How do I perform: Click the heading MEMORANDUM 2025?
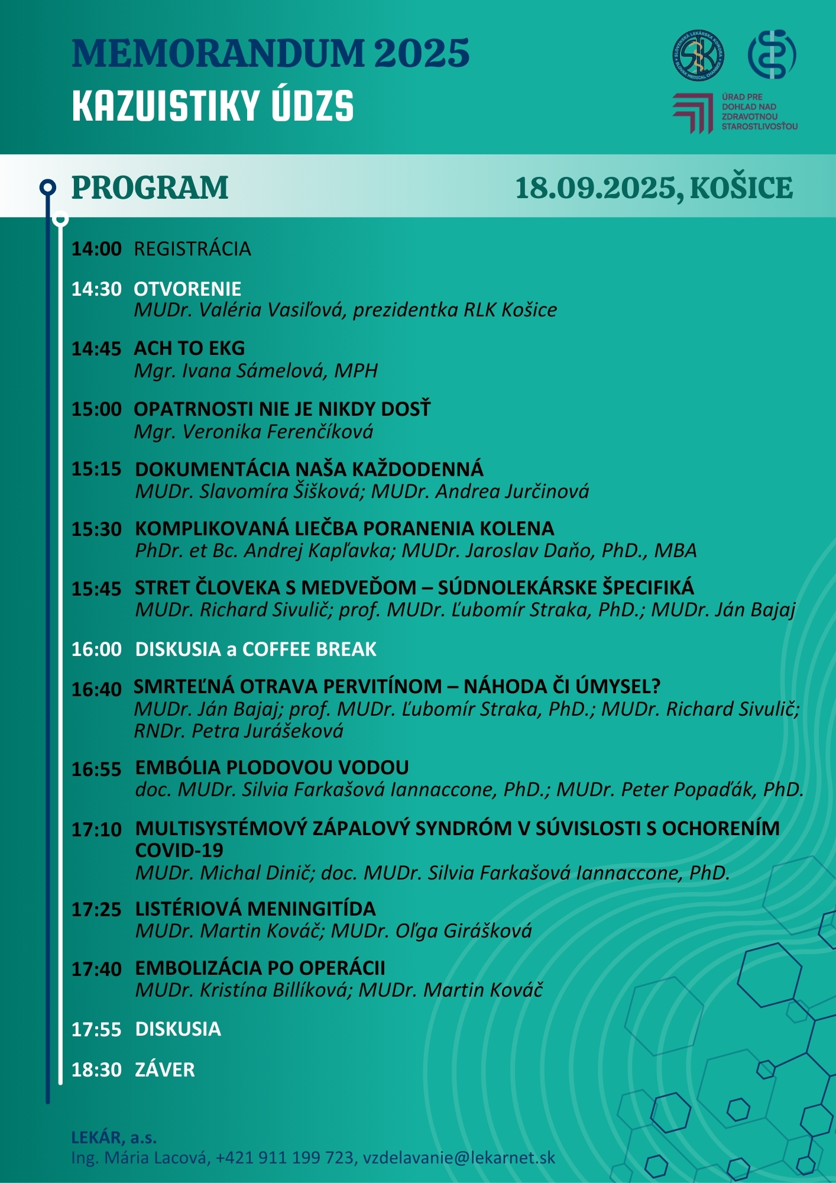270,53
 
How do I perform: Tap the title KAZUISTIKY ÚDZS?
213,106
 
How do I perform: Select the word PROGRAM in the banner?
150,188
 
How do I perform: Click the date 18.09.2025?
595,188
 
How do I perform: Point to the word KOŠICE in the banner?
741,188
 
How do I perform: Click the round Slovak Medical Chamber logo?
698,56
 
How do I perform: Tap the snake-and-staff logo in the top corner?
772,54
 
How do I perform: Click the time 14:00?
96,249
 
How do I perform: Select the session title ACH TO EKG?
189,348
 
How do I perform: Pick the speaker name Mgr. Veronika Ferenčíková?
254,432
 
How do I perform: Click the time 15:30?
96,529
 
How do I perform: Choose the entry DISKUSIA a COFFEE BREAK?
255,649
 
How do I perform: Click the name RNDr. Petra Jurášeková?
238,731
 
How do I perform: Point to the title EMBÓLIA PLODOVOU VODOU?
272,768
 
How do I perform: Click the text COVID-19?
179,851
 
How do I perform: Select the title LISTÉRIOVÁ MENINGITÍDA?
255,909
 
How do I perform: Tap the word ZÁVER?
165,1070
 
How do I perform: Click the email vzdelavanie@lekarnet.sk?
459,1158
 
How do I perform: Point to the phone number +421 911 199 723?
284,1158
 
